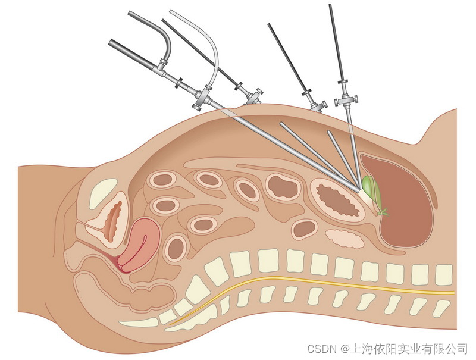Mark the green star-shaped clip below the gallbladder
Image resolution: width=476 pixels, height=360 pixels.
pos(383,210)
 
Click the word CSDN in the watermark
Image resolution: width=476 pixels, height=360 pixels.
pos(321,347)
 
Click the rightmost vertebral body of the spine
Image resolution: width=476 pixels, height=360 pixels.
pos(444,274)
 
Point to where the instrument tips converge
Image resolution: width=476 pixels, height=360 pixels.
pos(361,190)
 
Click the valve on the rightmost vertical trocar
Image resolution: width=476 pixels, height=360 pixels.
pos(345,99)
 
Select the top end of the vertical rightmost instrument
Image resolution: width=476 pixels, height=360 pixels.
pos(330,6)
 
